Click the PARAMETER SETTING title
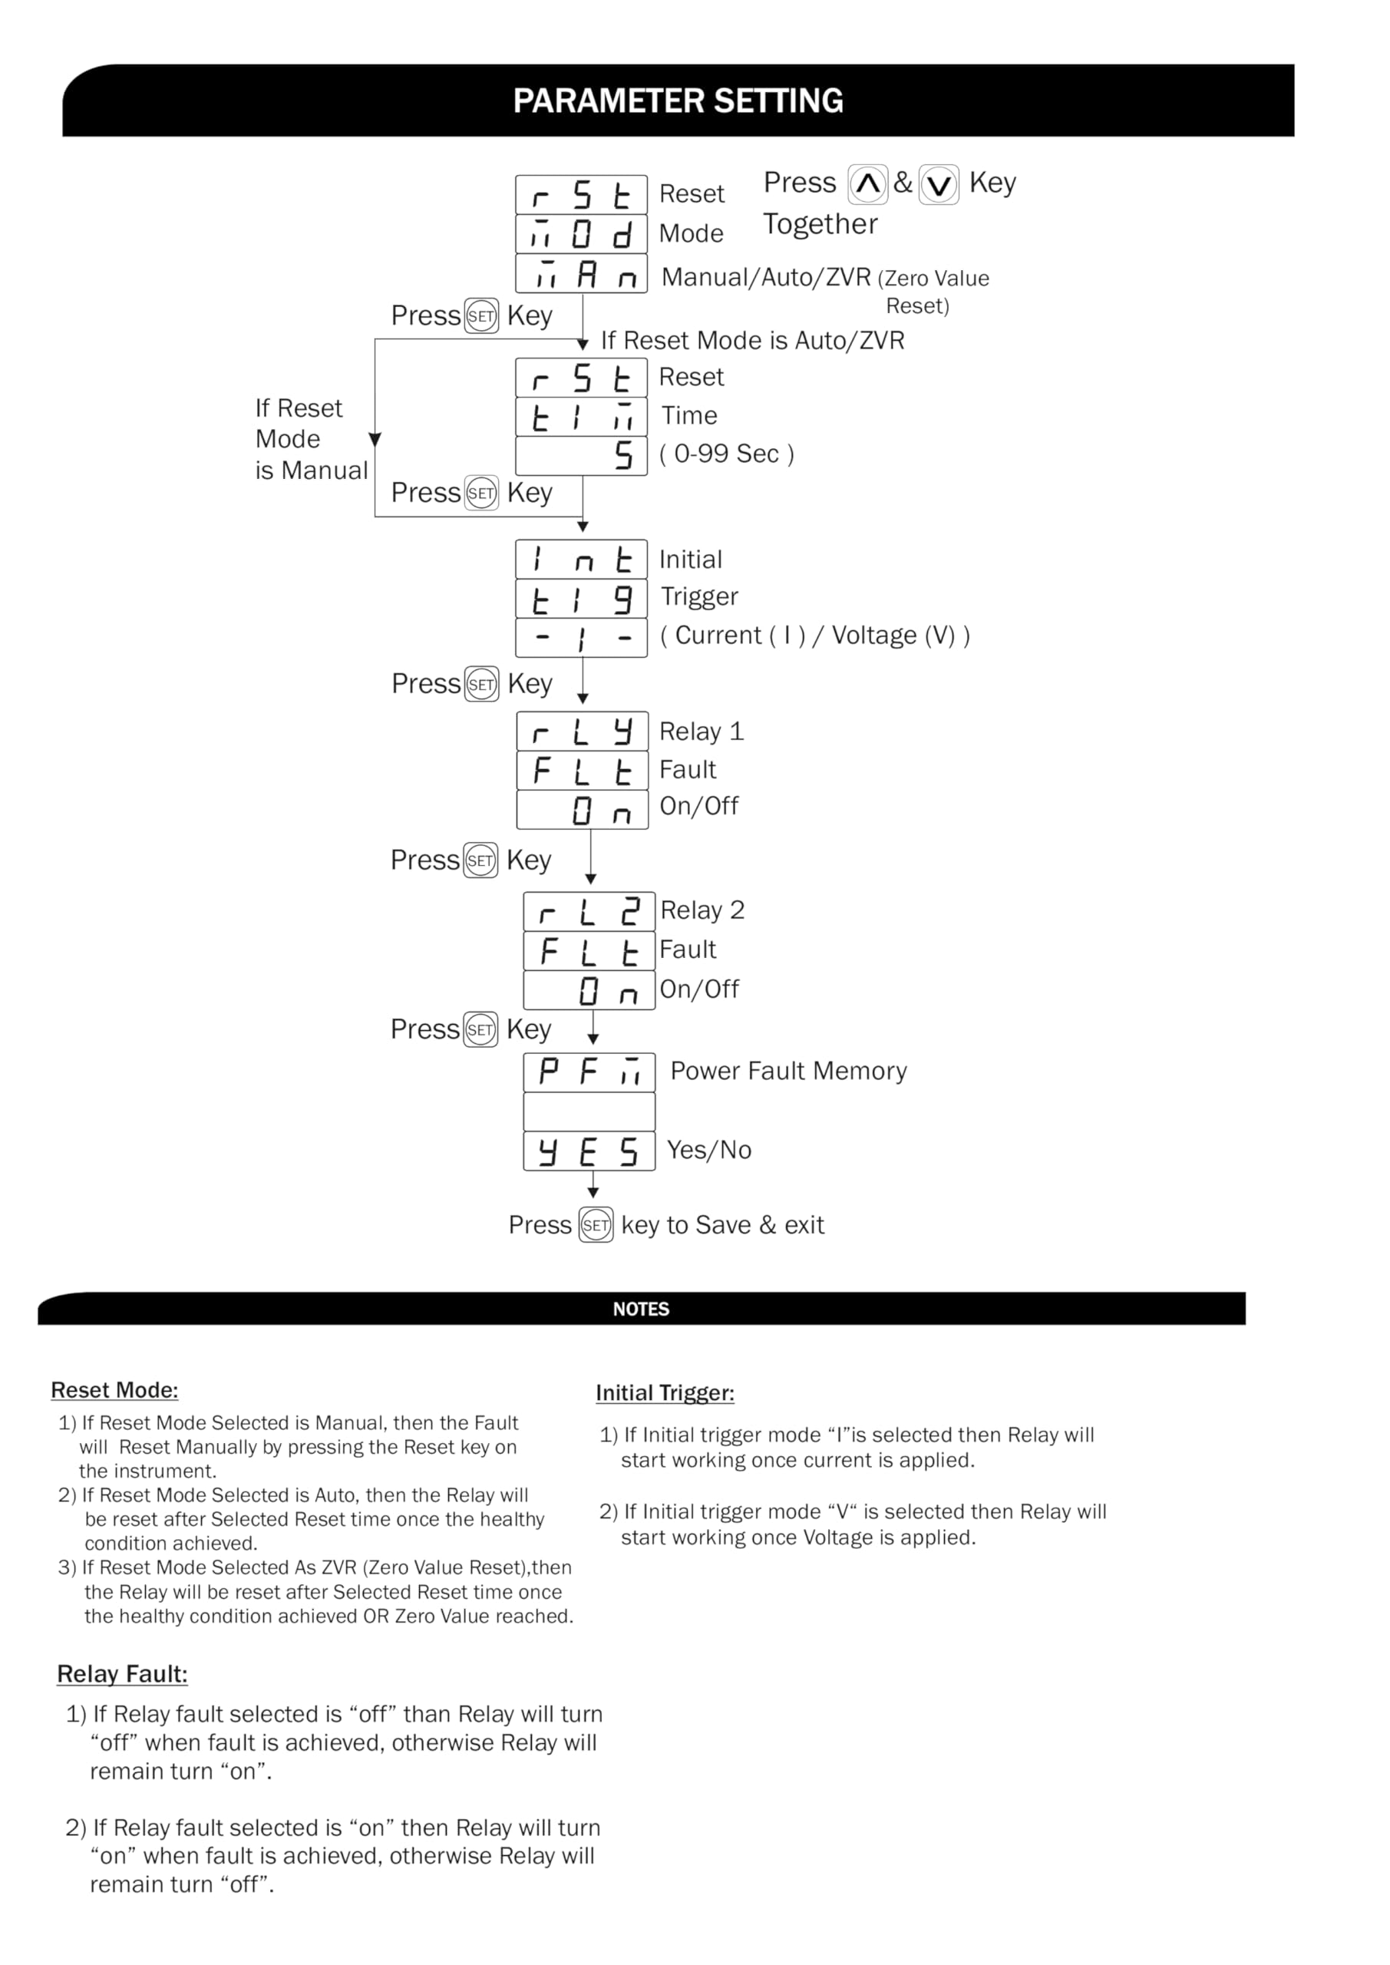point(677,101)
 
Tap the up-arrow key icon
point(867,184)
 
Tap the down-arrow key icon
point(938,185)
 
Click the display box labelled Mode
point(581,233)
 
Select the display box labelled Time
point(581,417)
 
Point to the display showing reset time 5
point(581,455)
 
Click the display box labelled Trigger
point(581,599)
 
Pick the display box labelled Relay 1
point(582,732)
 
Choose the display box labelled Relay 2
point(589,911)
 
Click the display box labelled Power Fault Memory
point(589,1072)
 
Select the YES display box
point(589,1151)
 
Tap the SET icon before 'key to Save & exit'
point(596,1225)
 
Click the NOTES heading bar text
point(641,1309)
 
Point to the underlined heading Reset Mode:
point(114,1390)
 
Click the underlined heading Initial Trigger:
point(665,1392)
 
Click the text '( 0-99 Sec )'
point(727,454)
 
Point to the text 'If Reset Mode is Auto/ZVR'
point(752,341)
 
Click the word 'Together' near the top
point(820,224)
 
